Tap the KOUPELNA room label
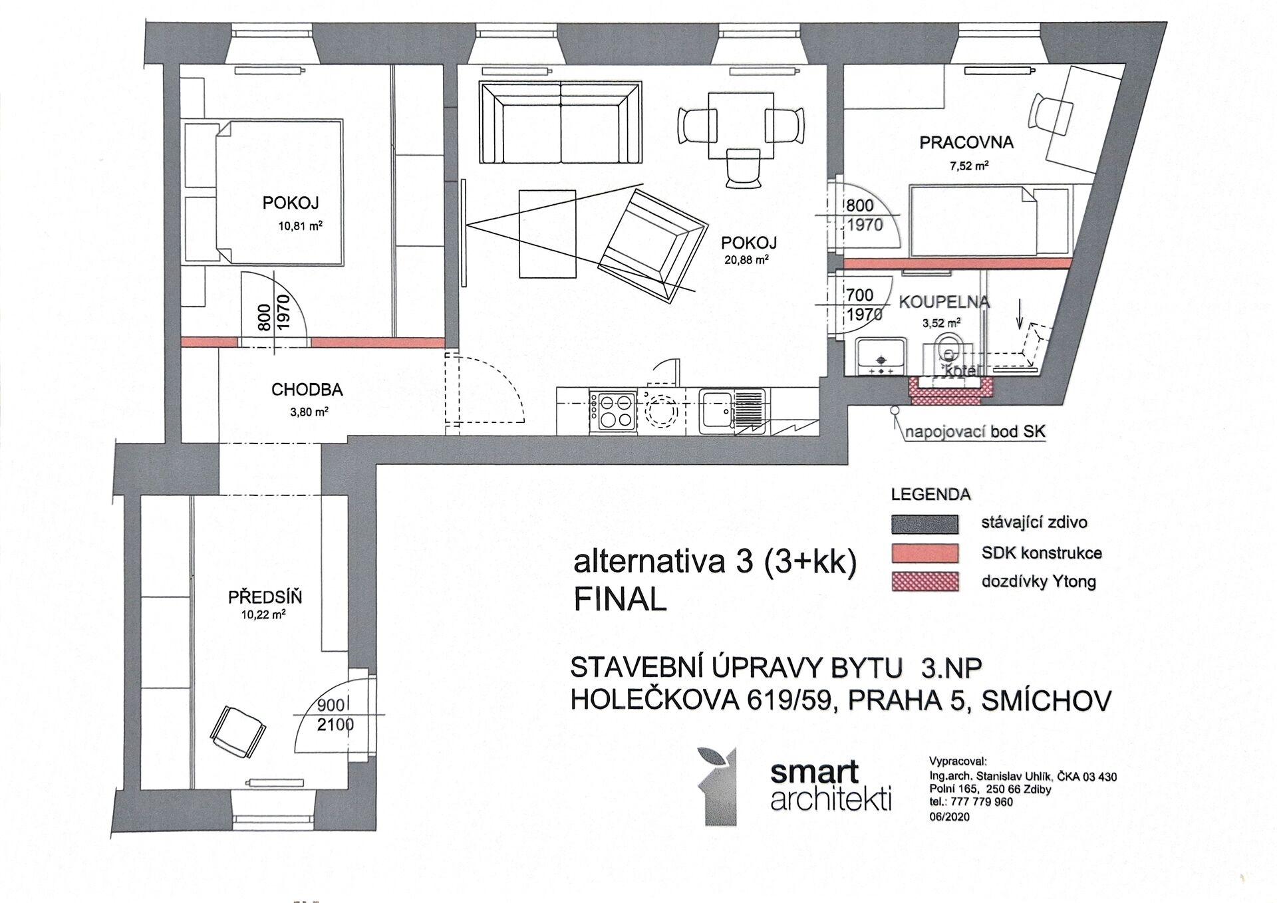944,302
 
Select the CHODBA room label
307,390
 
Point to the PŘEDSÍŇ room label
265,596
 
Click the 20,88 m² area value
746,260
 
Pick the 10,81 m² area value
301,225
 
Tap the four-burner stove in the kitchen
616,412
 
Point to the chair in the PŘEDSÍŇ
238,731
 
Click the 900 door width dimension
331,705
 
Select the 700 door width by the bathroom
859,294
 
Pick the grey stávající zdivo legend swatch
924,524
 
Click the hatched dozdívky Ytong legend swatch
924,581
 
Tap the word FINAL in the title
620,600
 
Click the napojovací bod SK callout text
975,432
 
